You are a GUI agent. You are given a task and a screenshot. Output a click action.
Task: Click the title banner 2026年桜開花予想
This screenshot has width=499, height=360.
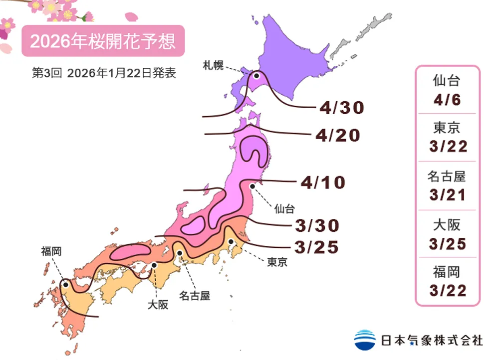(x=103, y=41)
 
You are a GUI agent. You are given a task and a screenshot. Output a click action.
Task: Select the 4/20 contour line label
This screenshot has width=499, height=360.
(x=337, y=135)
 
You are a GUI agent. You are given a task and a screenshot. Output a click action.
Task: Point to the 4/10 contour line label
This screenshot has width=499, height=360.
(x=323, y=182)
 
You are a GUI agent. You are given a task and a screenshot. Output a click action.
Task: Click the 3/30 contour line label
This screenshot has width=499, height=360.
(x=317, y=225)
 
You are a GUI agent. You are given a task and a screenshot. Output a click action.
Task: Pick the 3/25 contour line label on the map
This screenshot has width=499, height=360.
(x=317, y=246)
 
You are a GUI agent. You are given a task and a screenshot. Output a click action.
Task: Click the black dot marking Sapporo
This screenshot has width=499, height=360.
(x=256, y=76)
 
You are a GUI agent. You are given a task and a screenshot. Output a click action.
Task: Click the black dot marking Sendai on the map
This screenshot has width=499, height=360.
(x=252, y=186)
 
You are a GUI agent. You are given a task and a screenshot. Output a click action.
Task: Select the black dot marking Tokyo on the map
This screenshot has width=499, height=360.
(x=231, y=242)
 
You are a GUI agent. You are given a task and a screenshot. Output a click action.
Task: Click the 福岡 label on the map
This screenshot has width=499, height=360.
(x=51, y=252)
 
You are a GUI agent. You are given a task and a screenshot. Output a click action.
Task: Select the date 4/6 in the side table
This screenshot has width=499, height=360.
(x=447, y=99)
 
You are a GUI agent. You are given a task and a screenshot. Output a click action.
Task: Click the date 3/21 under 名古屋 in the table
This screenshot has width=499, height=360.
(x=447, y=195)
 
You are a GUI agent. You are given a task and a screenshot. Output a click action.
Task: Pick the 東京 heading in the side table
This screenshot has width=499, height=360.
(x=447, y=128)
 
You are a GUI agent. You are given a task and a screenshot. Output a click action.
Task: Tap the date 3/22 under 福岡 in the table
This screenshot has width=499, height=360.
(x=447, y=291)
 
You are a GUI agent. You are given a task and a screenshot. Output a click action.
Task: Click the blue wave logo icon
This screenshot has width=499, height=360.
(x=365, y=340)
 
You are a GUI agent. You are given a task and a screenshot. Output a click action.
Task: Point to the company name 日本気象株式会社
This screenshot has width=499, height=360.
(x=432, y=341)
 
